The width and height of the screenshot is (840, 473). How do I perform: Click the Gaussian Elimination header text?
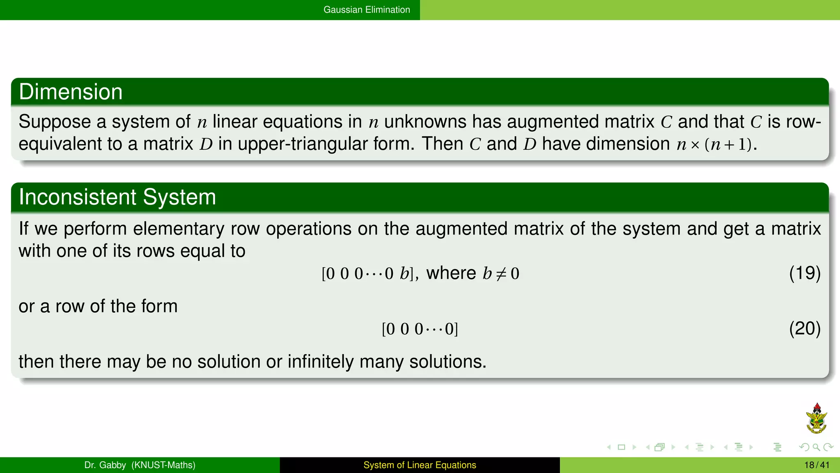(x=367, y=10)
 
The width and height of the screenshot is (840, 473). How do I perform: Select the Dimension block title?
(x=71, y=92)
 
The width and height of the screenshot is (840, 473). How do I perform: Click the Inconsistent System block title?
(x=117, y=197)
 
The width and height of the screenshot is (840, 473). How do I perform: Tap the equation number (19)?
(x=804, y=273)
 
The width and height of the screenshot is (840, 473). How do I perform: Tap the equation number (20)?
(x=804, y=328)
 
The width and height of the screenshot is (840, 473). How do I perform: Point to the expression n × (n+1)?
(x=714, y=145)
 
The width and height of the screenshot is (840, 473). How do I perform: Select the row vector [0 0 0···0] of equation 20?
(x=420, y=329)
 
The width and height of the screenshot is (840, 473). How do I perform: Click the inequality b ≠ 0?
(x=501, y=274)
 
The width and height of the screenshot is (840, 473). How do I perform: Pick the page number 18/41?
(x=817, y=465)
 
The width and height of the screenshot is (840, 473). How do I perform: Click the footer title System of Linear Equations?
(x=420, y=465)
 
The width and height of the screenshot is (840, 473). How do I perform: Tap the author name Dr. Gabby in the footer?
(x=105, y=465)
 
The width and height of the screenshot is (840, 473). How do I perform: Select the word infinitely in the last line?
(x=320, y=362)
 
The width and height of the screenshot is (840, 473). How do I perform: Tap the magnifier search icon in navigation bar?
(x=816, y=447)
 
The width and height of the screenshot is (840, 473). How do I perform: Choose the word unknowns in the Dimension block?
(x=425, y=122)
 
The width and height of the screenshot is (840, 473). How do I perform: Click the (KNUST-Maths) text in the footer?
(x=163, y=465)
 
